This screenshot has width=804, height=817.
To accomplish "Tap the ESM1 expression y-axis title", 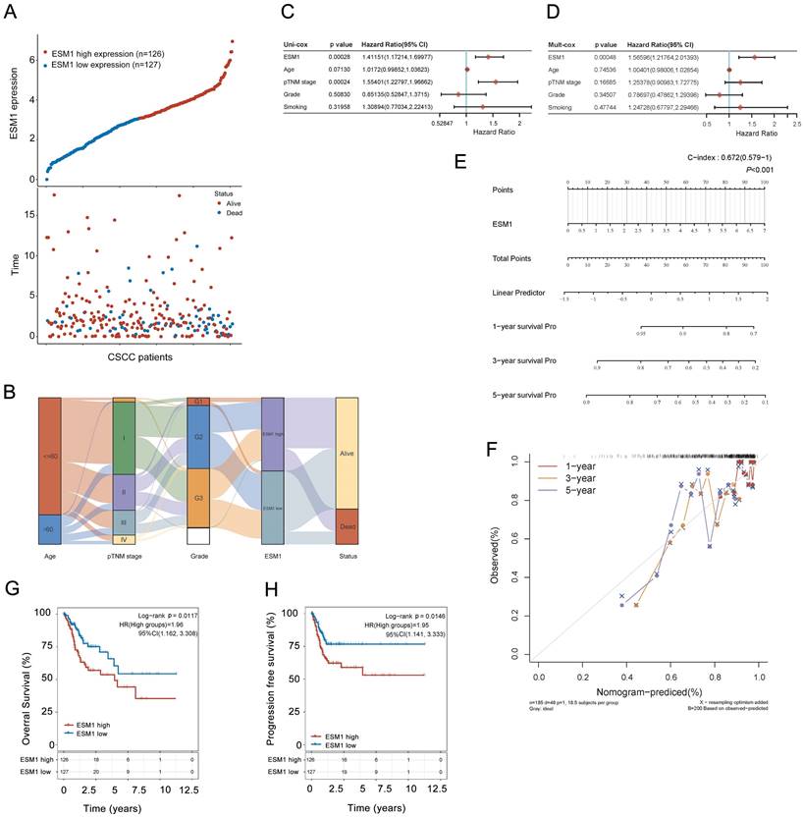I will [14, 111].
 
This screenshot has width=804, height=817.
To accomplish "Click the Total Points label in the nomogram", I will [518, 258].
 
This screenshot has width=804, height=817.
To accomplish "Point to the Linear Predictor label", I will [522, 293].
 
